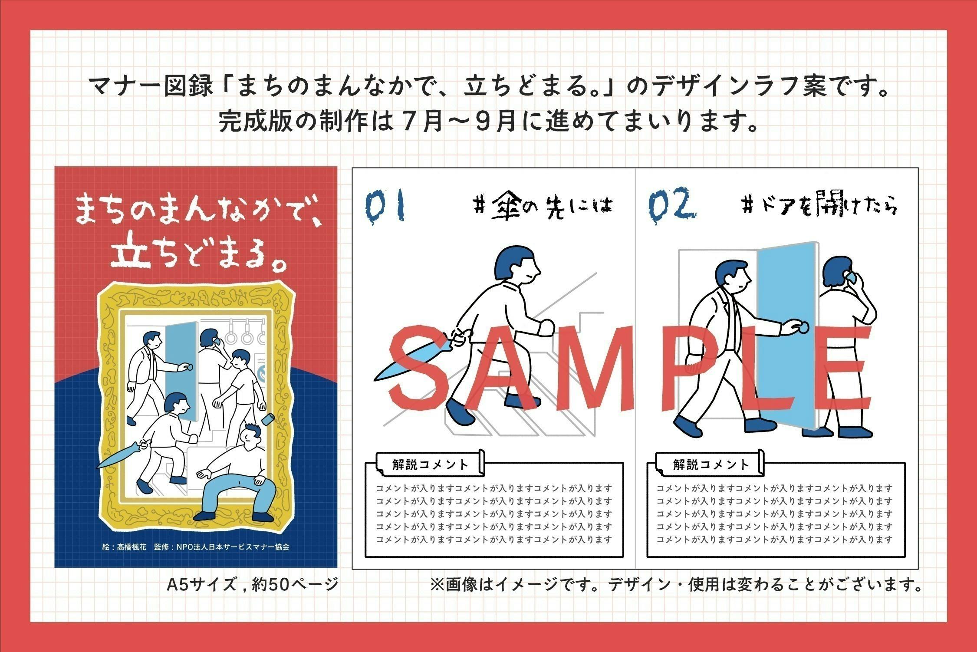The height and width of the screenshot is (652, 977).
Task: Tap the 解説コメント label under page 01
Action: [430, 464]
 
